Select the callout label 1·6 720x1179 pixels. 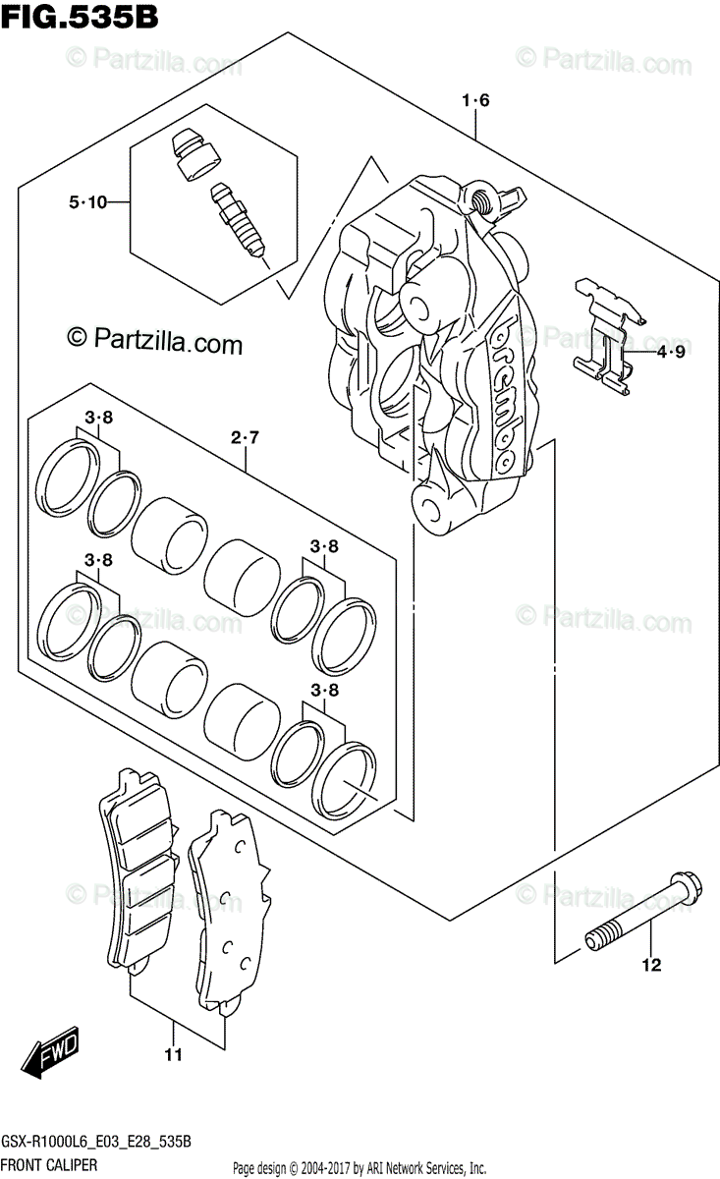474,99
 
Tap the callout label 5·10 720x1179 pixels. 87,202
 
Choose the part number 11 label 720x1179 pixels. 173,1056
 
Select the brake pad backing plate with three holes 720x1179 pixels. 228,910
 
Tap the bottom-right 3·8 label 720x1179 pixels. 324,691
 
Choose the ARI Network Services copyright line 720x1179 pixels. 359,1168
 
